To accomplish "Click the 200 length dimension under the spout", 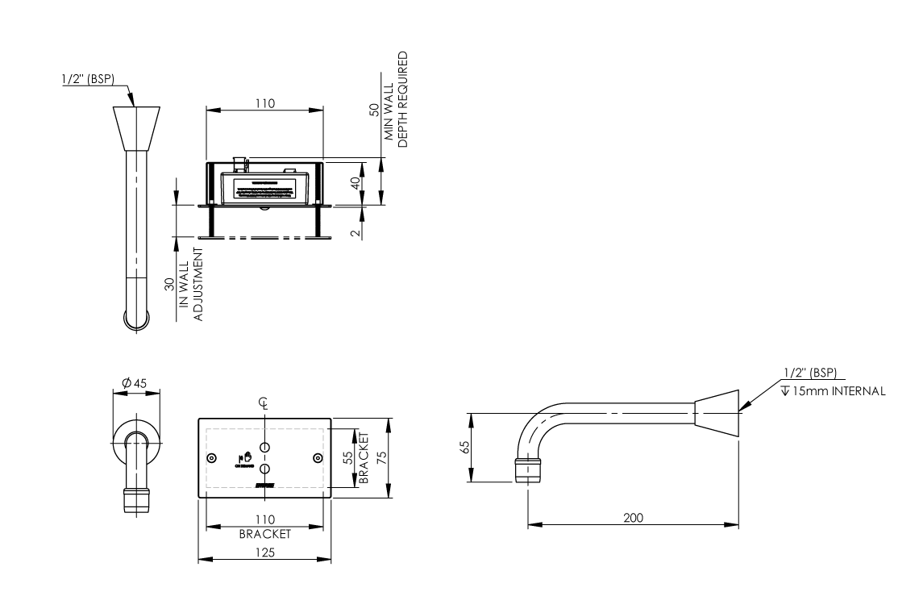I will click(633, 517).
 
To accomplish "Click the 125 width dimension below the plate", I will click(264, 553).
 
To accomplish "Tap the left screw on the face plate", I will click(211, 457).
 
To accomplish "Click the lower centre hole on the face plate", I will click(264, 469).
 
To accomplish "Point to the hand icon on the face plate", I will click(241, 457).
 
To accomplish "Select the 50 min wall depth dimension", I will click(374, 111).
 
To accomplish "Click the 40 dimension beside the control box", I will click(355, 182).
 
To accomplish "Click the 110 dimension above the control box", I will click(264, 103).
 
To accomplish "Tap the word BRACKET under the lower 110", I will click(264, 534).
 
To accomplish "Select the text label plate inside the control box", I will click(264, 190).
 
